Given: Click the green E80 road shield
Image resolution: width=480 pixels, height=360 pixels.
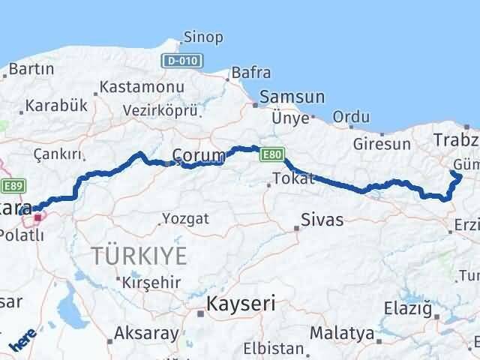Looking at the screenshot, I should pos(271,154).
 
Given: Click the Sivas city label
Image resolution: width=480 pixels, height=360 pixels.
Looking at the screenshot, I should pos(321,220).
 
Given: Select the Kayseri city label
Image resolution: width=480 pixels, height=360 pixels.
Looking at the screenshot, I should pos(240,304).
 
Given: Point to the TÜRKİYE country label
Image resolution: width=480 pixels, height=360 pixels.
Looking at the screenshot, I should pos(139,255).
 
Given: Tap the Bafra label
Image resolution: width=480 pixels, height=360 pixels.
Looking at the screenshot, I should pos(251,73).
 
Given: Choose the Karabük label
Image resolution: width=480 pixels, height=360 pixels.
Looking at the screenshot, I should pos(52,106).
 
